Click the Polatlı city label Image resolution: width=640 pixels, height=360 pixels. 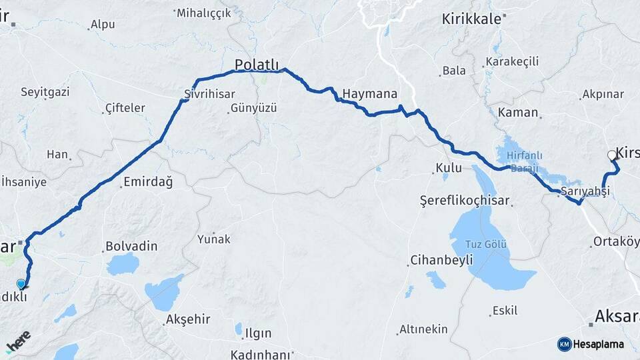point(256,64)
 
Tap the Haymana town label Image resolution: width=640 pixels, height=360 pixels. point(370,93)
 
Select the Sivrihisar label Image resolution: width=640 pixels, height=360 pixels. point(207,93)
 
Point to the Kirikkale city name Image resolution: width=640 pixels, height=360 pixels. point(471,19)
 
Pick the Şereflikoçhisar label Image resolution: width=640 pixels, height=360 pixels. point(465,200)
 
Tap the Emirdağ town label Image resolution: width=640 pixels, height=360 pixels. point(148,181)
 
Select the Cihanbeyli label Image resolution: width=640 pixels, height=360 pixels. point(441,259)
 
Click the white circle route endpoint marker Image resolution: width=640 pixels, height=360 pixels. point(612,155)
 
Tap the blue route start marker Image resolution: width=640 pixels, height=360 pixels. point(21,284)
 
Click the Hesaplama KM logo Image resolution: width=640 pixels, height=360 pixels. point(591,344)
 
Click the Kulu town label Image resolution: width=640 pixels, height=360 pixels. point(449,168)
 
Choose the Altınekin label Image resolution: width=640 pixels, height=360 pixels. point(423,329)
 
